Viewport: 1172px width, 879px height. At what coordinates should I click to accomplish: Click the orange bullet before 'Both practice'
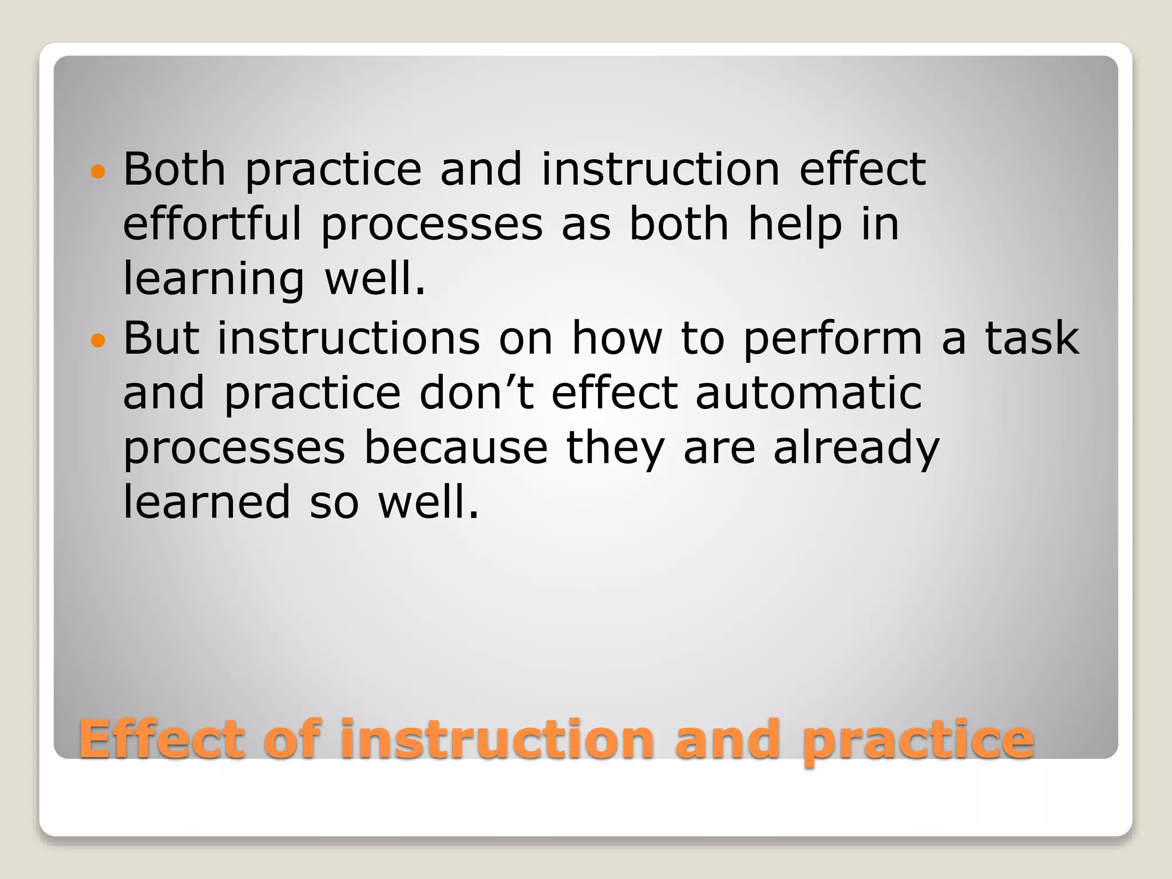(x=98, y=171)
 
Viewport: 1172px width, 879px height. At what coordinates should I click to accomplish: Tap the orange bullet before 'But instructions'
(x=98, y=341)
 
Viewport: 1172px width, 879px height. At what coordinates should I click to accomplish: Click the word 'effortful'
(x=212, y=224)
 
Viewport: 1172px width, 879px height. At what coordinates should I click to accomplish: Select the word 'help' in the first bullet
(x=795, y=224)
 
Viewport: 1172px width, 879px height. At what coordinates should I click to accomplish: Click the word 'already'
(x=856, y=449)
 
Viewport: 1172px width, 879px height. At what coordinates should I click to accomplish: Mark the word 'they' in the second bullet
(x=615, y=449)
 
